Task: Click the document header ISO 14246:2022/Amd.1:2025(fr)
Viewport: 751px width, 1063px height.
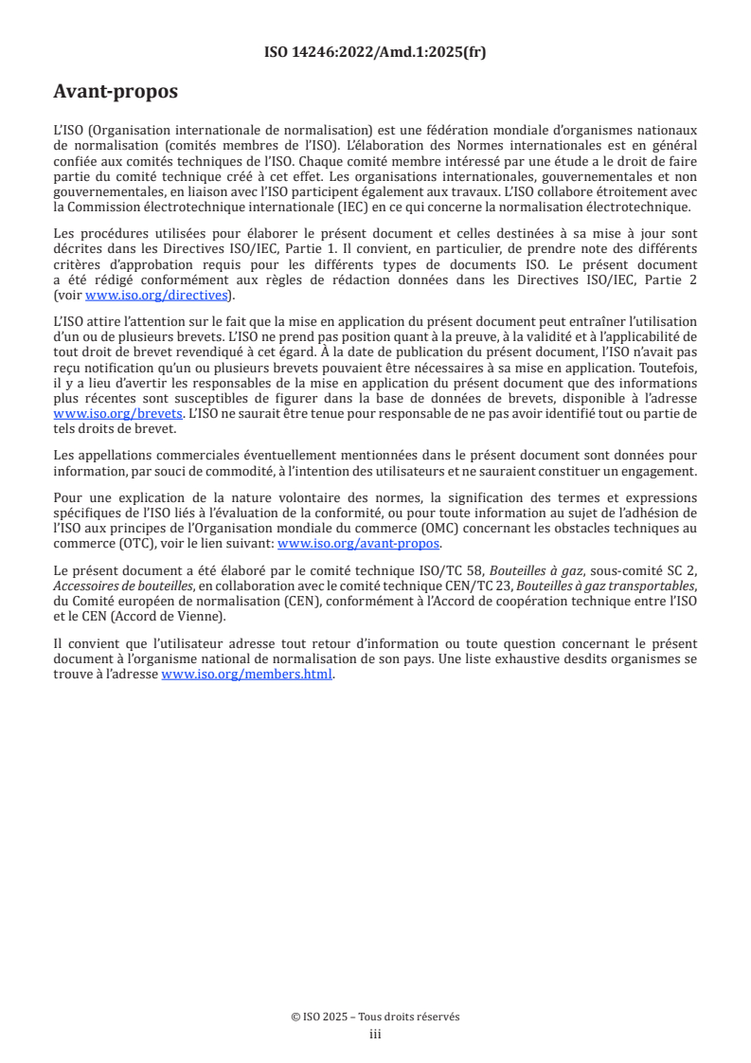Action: (375, 53)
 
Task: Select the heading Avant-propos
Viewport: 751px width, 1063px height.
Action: (116, 92)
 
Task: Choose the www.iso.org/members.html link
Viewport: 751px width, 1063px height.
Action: (247, 675)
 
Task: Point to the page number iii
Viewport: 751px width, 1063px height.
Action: (375, 1034)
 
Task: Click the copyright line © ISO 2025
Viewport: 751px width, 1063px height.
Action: (375, 1017)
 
